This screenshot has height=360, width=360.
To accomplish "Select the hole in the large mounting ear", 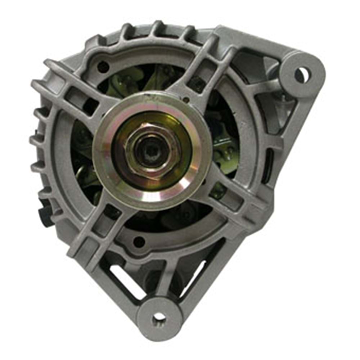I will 301,75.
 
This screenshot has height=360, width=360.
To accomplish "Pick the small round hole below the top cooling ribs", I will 103,66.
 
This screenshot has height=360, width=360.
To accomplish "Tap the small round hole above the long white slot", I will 139,241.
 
